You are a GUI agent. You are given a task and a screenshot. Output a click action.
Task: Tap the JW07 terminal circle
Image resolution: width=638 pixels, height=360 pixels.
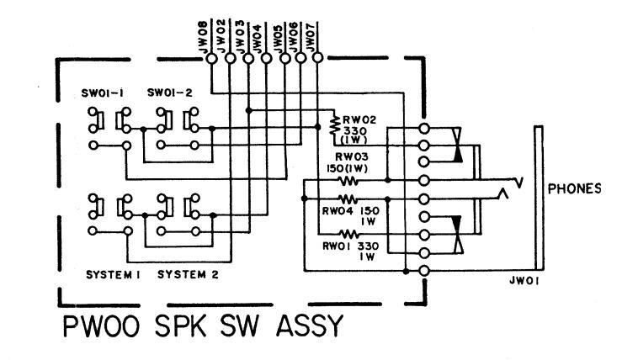pos(318,58)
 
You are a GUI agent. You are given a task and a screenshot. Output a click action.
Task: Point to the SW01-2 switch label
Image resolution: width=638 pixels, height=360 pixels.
pos(170,93)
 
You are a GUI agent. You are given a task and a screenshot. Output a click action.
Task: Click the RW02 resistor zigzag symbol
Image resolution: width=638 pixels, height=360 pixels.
pos(334,125)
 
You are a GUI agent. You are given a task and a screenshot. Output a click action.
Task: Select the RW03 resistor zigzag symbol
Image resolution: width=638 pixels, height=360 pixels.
pos(348,180)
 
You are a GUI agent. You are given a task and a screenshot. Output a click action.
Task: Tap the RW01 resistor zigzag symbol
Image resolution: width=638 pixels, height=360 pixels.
pos(348,234)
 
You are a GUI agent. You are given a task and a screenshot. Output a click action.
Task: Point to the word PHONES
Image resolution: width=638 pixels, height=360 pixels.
pos(574,188)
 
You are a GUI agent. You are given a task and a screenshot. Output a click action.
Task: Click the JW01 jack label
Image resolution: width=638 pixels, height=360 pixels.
pos(524,281)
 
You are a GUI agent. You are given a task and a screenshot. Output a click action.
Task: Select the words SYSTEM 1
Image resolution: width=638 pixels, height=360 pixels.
pos(113,274)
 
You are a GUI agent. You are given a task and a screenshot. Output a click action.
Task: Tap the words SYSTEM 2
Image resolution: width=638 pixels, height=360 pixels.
pos(188,274)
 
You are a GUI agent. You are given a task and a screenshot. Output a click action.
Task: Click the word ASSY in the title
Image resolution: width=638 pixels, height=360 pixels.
pos(310,326)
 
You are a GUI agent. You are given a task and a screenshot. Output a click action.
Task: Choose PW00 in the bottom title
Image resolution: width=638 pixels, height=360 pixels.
pos(102,326)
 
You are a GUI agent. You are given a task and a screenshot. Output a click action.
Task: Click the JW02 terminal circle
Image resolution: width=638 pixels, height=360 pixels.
pos(231,59)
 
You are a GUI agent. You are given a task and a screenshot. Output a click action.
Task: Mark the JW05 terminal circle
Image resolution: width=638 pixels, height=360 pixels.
pos(285,59)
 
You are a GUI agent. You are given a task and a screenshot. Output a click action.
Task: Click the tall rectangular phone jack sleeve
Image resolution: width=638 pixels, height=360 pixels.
pos(539,199)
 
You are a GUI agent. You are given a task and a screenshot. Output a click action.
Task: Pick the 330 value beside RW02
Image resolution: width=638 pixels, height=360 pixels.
pos(355,131)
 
